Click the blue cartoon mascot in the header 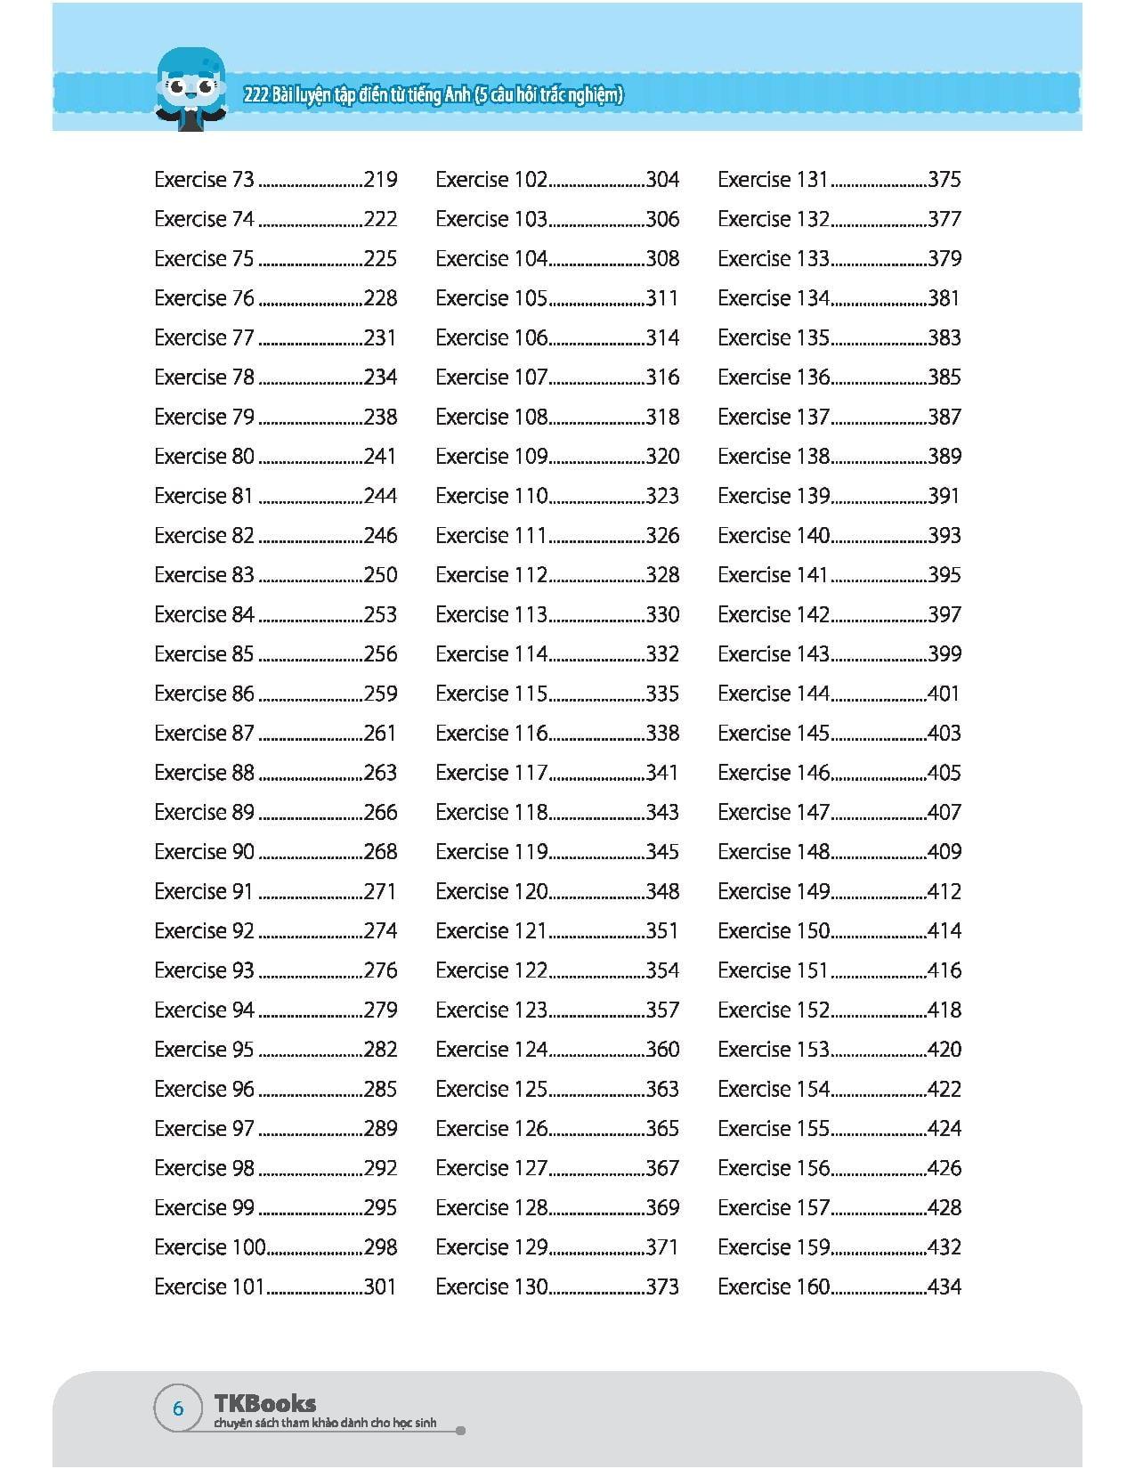click(190, 90)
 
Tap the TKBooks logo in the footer click(265, 1403)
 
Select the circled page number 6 click(178, 1408)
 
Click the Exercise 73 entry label click(204, 180)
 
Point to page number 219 click(380, 180)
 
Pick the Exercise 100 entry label click(210, 1247)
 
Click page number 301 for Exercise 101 click(380, 1286)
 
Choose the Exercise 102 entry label click(491, 180)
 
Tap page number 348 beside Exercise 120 click(662, 891)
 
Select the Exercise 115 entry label click(491, 694)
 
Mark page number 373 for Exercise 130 click(662, 1286)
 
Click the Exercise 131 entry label click(773, 180)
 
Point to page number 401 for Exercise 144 click(944, 694)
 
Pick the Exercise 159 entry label click(774, 1247)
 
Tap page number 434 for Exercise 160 click(944, 1286)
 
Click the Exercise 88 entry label click(204, 773)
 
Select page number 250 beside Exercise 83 click(380, 575)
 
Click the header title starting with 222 click(433, 95)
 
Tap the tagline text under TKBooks click(326, 1424)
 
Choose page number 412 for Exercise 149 click(944, 891)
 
